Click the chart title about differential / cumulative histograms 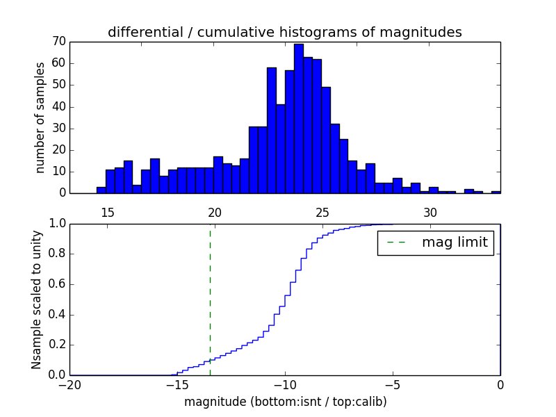(x=284, y=32)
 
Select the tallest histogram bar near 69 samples (x=298, y=118)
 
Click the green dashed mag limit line (x=210, y=299)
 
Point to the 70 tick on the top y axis (x=58, y=42)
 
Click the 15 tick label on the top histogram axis (x=108, y=212)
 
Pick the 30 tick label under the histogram (x=430, y=212)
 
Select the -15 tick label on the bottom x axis (x=177, y=386)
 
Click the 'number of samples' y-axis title (x=40, y=117)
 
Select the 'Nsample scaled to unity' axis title (x=36, y=300)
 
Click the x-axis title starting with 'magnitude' (x=285, y=402)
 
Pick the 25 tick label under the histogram (x=322, y=212)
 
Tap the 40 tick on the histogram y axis (x=58, y=106)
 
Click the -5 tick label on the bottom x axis (x=392, y=386)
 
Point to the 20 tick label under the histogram (x=215, y=212)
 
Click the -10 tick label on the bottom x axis (x=284, y=386)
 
